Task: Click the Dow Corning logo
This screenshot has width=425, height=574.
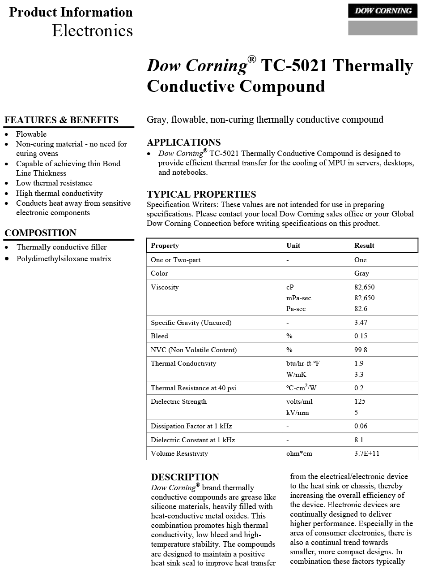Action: [x=382, y=11]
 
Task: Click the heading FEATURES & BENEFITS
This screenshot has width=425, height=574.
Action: [x=61, y=120]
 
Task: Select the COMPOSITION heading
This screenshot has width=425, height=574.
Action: [x=40, y=233]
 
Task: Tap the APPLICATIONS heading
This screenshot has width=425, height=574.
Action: [x=183, y=142]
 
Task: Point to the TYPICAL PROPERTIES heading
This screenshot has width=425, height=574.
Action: [x=201, y=194]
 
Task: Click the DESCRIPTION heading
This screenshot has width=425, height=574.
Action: [x=185, y=477]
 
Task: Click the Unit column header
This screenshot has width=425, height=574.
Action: [x=293, y=246]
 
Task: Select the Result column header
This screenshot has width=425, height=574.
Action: [x=364, y=246]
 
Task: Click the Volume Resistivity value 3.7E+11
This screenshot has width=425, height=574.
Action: [x=366, y=453]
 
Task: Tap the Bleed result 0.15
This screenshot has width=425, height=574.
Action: [x=361, y=336]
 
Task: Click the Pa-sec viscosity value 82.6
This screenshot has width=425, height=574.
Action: [x=361, y=309]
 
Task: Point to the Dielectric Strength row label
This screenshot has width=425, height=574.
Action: [x=178, y=401]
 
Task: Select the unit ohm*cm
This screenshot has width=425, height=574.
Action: [x=299, y=453]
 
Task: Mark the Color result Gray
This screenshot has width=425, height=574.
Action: [x=361, y=273]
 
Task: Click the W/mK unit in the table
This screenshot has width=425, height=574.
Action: [x=296, y=375]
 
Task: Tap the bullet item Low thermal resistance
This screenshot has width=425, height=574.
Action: [x=54, y=183]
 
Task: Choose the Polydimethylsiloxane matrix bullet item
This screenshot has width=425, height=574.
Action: [x=64, y=259]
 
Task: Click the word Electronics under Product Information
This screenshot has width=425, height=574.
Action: [x=92, y=30]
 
